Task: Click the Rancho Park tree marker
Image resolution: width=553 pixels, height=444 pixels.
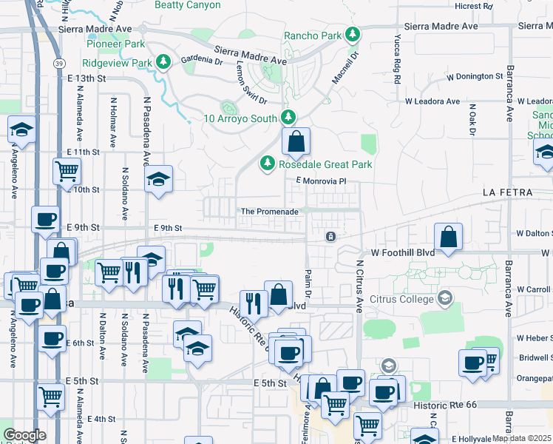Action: pos(353,35)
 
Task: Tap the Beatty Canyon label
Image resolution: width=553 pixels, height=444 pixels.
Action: pos(187,5)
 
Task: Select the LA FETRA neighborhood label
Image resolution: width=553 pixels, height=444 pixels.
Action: pos(506,192)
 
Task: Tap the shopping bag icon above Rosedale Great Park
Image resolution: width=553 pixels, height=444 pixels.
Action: pos(296,141)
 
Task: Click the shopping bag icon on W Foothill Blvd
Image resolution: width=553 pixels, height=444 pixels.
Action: pos(448,237)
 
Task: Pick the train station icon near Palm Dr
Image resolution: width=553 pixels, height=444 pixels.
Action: pos(330,237)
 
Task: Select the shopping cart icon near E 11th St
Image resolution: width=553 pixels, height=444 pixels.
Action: pos(67,171)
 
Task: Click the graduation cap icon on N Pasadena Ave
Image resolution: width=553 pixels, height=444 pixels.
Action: pos(158,179)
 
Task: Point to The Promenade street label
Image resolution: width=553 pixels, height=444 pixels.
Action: pos(269,212)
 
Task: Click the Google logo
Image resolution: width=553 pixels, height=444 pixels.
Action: pos(24,435)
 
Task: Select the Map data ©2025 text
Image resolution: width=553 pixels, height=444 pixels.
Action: pos(522,438)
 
